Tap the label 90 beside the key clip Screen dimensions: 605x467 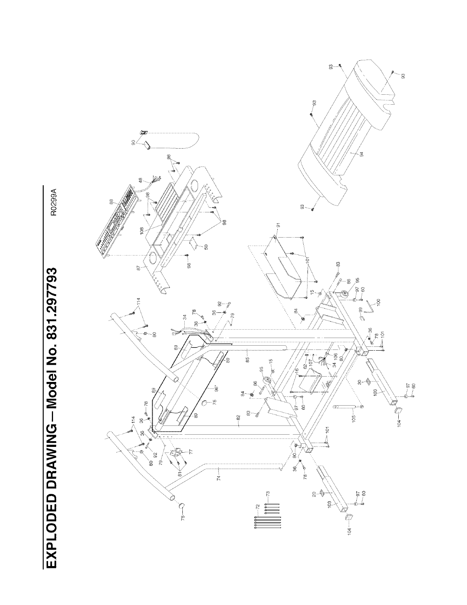point(133,143)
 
